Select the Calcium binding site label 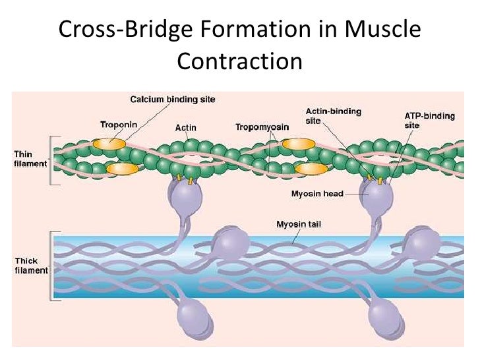(x=172, y=100)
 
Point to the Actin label (x=185, y=127)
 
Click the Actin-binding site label (x=333, y=116)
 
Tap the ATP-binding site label (x=429, y=119)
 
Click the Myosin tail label (x=297, y=225)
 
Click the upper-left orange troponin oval (x=109, y=143)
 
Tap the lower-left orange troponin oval (x=122, y=169)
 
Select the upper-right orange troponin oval (x=299, y=143)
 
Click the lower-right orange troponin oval (x=311, y=169)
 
